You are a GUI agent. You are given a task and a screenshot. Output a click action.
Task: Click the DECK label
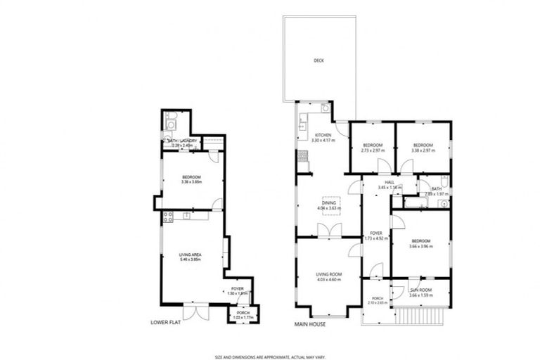point(319,60)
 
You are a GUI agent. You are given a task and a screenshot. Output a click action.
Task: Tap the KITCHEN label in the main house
point(323,135)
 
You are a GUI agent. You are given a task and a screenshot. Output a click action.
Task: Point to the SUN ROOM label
point(421,290)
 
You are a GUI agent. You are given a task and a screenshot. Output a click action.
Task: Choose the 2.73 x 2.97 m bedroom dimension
point(372,150)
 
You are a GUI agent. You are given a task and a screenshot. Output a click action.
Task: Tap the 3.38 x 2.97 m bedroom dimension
point(422,150)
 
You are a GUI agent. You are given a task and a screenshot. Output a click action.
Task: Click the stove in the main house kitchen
point(302,156)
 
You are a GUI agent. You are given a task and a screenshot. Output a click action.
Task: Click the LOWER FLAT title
point(166,323)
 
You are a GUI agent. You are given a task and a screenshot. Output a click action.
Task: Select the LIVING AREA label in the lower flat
point(191,256)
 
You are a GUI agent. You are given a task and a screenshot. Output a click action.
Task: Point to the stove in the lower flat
point(168,217)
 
